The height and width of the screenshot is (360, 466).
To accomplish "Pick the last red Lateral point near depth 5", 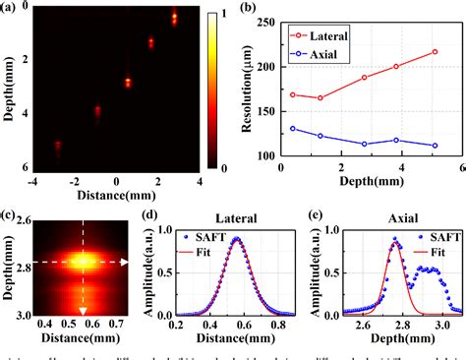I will coord(435,52).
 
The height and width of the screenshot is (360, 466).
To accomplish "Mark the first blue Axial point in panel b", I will coord(292,129).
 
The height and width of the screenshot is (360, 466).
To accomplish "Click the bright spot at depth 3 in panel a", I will coord(128,83).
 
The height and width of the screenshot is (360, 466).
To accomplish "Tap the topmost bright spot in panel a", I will coord(175,18).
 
